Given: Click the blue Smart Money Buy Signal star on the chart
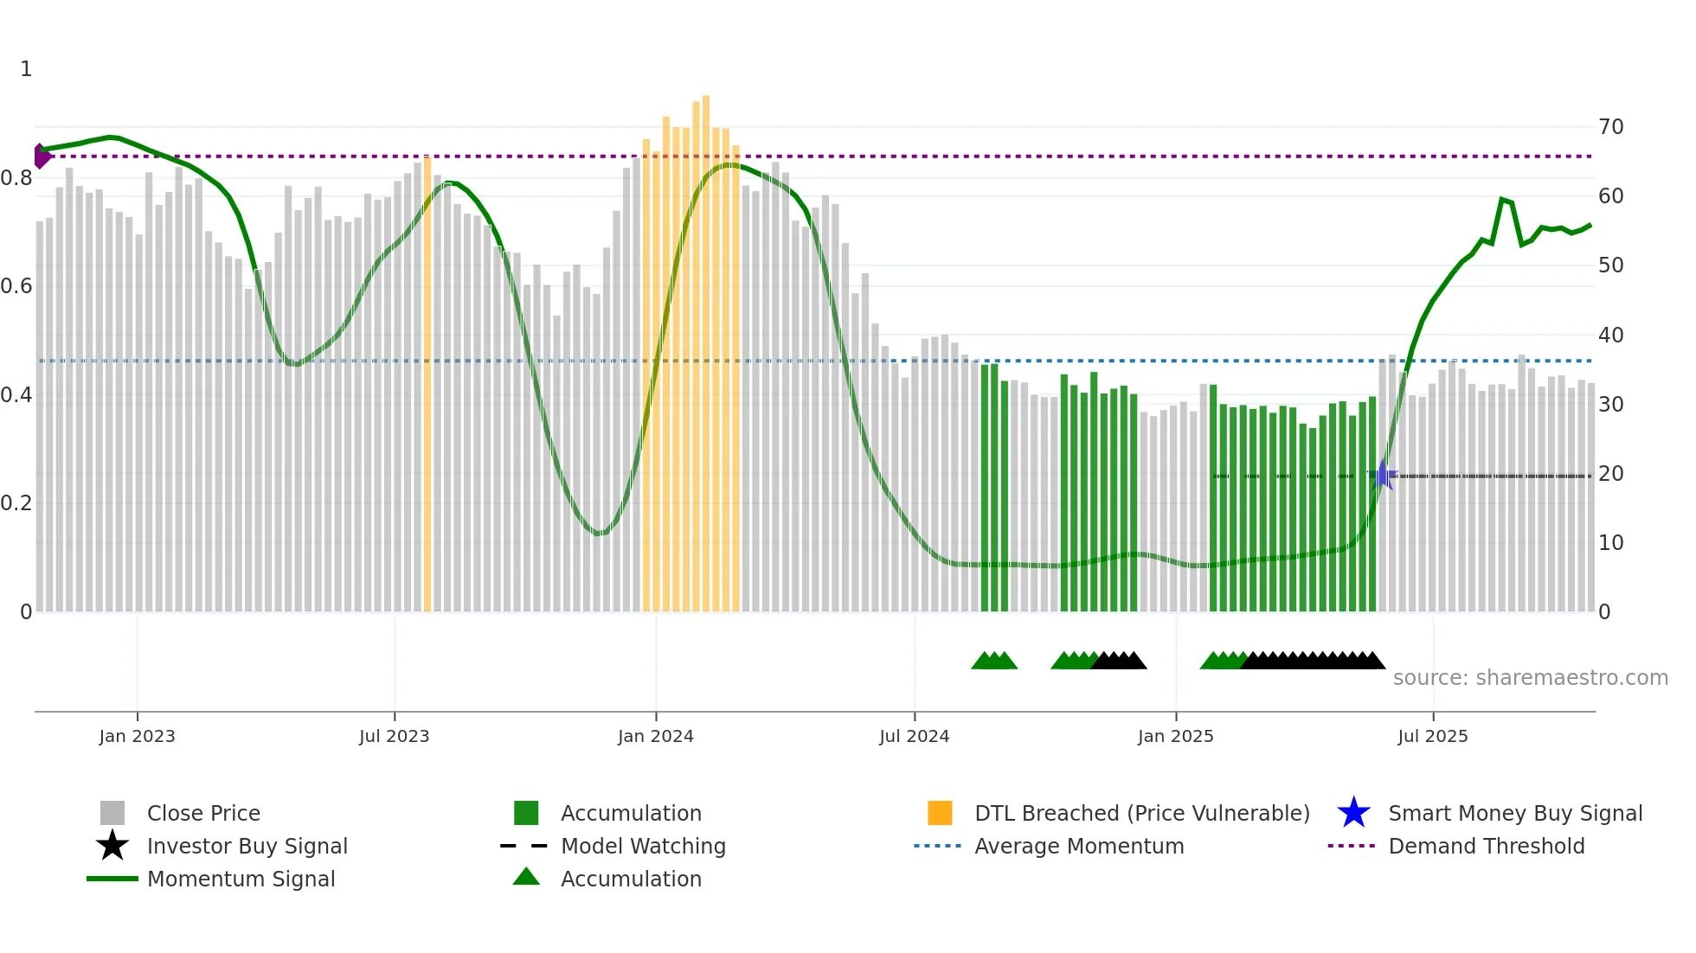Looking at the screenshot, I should click(1383, 476).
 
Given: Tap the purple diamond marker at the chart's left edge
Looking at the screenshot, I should click(41, 156).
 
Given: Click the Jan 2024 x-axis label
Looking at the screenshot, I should click(655, 736).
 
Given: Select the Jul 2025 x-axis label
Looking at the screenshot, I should click(1432, 736).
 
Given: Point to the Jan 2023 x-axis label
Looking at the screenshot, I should click(137, 736).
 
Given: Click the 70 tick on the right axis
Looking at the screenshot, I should click(1610, 127).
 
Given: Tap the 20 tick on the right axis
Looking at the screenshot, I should click(1610, 474).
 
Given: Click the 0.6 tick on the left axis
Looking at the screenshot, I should click(16, 286).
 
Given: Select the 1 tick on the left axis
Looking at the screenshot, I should click(26, 69).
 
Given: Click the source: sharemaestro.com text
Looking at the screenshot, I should click(1530, 678).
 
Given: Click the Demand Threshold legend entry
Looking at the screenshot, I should click(1486, 846).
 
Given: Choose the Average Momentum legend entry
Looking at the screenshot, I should click(1078, 846).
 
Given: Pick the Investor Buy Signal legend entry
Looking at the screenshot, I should click(247, 846).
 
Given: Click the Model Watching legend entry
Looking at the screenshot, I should click(642, 846).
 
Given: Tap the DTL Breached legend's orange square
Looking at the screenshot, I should click(940, 813).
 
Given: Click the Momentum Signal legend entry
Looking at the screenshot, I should click(241, 879).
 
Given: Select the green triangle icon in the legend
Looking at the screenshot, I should click(526, 877).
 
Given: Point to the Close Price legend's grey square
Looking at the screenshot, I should click(112, 813).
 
